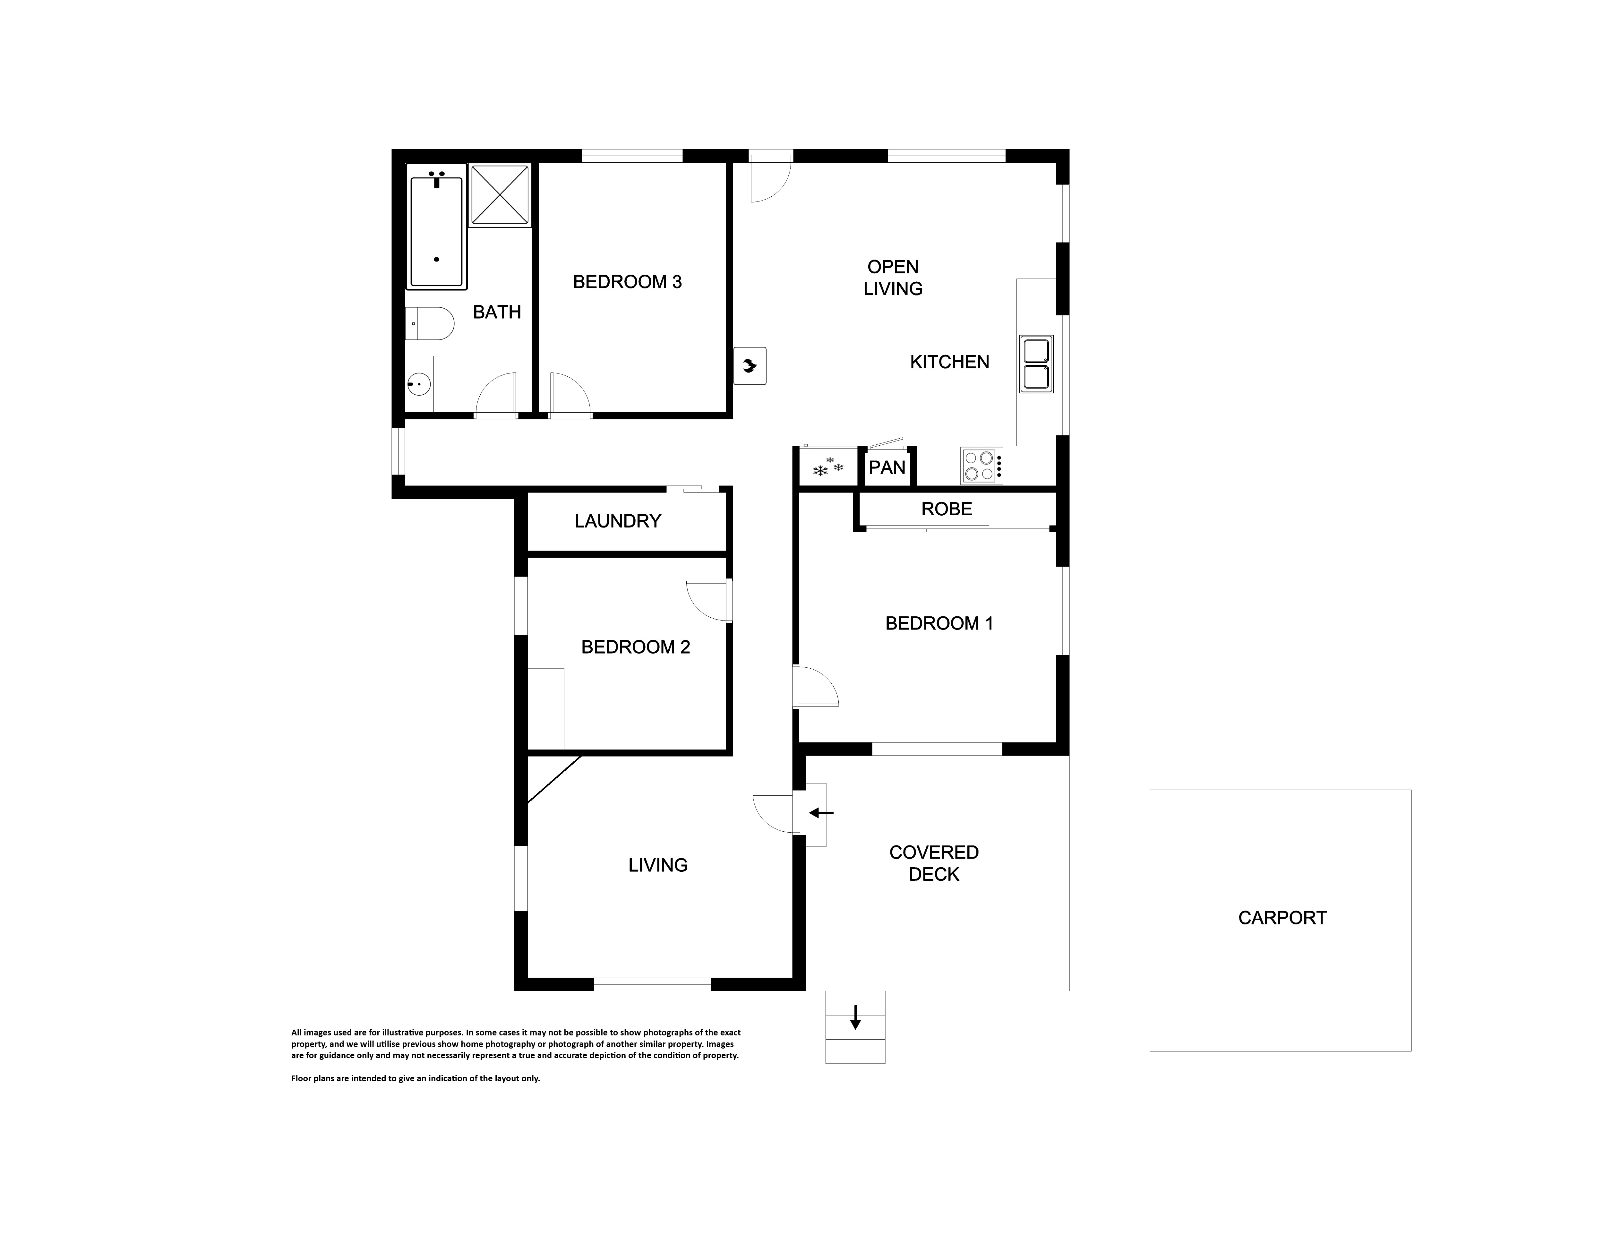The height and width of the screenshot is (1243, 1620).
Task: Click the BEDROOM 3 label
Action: (x=627, y=282)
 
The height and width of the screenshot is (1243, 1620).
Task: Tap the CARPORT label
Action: (x=1282, y=918)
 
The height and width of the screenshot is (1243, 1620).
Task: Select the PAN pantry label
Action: (x=887, y=467)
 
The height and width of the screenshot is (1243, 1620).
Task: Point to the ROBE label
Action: (x=947, y=509)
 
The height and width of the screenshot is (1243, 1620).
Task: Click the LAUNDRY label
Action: (x=618, y=521)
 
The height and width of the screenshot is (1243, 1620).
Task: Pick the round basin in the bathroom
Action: (x=419, y=384)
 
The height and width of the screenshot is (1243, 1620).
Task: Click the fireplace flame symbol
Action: (x=750, y=365)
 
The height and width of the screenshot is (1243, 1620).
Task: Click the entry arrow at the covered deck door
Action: (x=821, y=813)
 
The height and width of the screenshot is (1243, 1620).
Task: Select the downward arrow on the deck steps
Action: (x=855, y=1017)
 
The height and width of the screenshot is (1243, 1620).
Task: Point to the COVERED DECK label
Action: (x=934, y=863)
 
